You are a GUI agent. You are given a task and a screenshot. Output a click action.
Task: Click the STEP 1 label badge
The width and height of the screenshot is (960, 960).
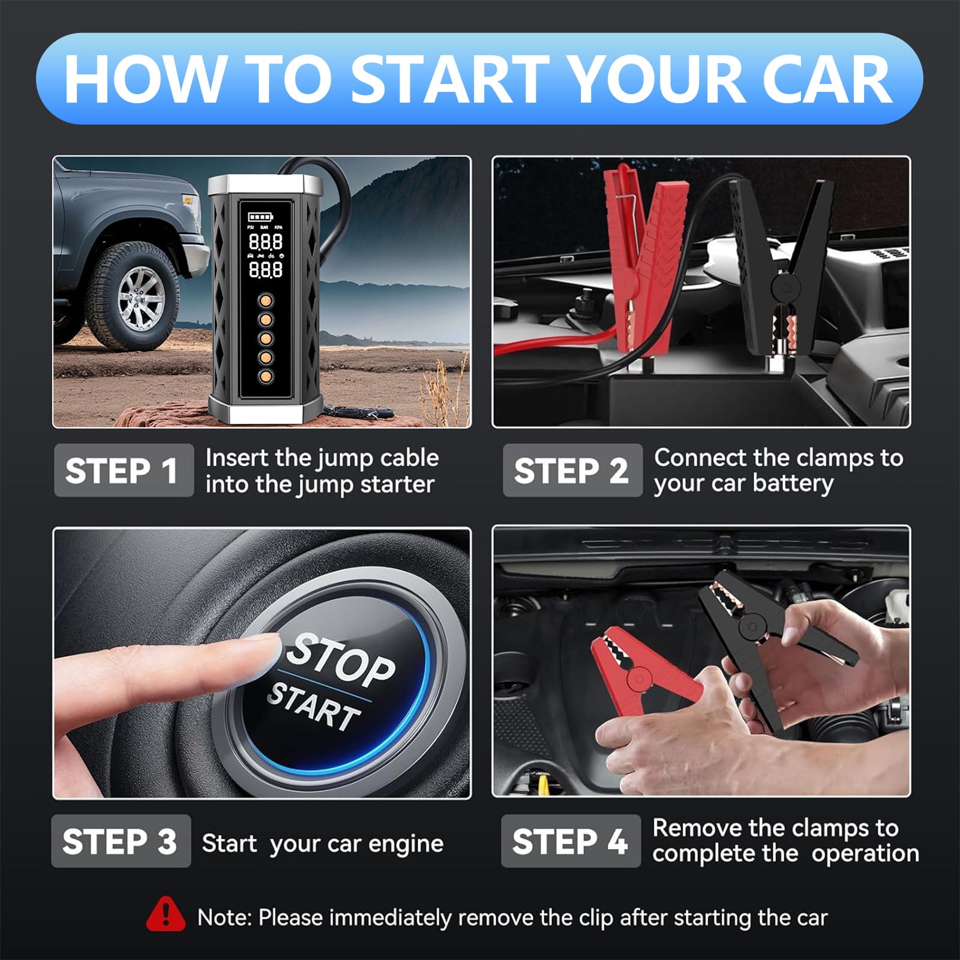click(x=124, y=470)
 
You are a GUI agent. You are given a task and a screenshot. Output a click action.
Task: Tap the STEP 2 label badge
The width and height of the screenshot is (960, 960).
click(x=572, y=470)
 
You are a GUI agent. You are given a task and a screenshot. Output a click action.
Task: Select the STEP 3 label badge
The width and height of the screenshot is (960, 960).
click(x=121, y=841)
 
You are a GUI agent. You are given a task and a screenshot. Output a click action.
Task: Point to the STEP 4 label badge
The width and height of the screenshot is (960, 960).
click(x=571, y=841)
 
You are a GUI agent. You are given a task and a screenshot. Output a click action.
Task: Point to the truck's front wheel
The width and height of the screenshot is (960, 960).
click(x=133, y=296)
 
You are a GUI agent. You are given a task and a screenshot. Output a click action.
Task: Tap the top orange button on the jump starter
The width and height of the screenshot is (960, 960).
click(x=265, y=300)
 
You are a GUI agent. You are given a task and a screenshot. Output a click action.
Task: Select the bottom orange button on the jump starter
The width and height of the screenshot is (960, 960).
click(x=265, y=377)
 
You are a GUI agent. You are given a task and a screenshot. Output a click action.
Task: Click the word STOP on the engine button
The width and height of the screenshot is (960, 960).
click(x=341, y=660)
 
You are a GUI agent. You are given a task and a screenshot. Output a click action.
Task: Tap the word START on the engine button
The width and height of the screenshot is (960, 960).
click(x=314, y=709)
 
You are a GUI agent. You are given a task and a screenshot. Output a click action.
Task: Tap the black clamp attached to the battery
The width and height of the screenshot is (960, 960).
click(x=780, y=264)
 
